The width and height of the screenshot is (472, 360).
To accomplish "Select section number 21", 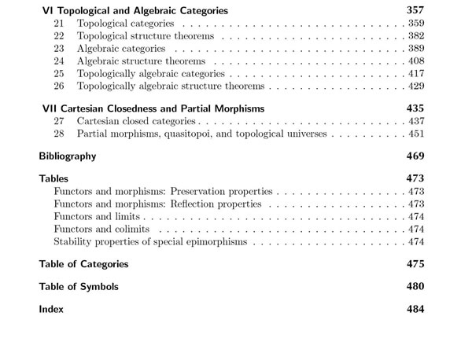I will [59, 24].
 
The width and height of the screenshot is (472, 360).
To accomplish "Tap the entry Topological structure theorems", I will [146, 36].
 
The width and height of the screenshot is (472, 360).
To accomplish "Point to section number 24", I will [59, 61].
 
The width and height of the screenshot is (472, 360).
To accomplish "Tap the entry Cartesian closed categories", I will [137, 121].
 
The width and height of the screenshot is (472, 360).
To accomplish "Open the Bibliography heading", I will [68, 156].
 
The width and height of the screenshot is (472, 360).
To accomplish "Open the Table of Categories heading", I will [83, 264].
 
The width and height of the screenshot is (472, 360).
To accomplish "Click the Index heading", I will [51, 310].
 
